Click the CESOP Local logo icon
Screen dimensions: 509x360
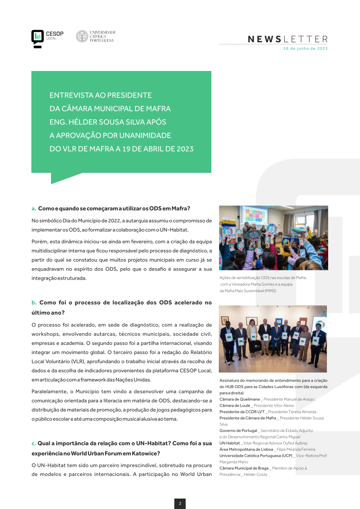coord(37,37)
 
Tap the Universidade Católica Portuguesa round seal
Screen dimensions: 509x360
coord(82,36)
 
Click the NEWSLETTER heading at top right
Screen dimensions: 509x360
coord(288,39)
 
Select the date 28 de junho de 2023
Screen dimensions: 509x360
coord(306,49)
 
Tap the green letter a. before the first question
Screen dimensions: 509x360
coord(34,209)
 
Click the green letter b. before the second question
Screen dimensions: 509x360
coord(34,303)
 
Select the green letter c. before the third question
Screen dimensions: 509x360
coord(34,444)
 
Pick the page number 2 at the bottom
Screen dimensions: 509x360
coord(180,503)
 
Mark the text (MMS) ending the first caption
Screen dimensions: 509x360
coord(270,290)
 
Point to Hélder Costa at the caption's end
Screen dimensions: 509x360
coord(255,474)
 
